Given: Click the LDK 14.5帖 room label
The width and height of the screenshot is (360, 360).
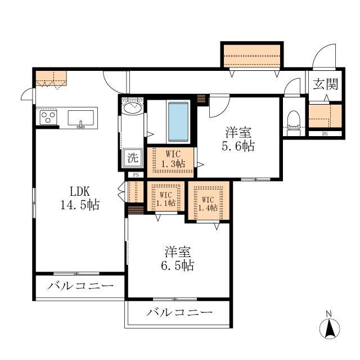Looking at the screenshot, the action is click(x=80, y=198).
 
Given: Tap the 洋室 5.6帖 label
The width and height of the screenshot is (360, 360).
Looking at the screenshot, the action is click(x=238, y=139).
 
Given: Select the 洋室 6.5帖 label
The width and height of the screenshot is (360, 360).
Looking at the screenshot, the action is click(x=178, y=259).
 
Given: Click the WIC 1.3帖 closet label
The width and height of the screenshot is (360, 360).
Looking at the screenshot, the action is click(x=173, y=159).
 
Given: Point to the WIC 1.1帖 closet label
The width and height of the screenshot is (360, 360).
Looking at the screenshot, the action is click(x=166, y=199).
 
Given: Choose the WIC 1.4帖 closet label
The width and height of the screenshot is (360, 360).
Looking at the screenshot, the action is click(x=208, y=204).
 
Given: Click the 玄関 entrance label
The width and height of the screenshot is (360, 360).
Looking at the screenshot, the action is click(x=326, y=84).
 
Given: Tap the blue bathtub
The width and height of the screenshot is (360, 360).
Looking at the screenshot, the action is click(x=178, y=121).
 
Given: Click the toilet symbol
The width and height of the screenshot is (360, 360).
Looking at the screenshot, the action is click(x=294, y=120).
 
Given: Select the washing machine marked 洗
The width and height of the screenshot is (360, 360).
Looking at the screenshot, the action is click(x=133, y=157).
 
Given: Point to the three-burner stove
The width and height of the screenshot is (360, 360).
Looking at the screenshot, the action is click(x=48, y=118).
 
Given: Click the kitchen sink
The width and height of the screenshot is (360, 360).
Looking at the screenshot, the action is click(x=80, y=118).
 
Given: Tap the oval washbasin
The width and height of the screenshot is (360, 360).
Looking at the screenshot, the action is click(x=133, y=107).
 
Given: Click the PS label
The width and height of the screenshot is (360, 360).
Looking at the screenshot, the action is click(x=136, y=175).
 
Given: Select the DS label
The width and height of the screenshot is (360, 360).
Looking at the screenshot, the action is click(x=325, y=134).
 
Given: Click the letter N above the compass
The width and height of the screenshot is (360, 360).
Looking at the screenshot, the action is click(x=329, y=313).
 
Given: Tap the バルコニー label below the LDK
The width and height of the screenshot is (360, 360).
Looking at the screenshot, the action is click(x=80, y=286).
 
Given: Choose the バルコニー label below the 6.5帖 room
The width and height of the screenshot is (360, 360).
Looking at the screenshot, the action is click(x=179, y=312).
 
